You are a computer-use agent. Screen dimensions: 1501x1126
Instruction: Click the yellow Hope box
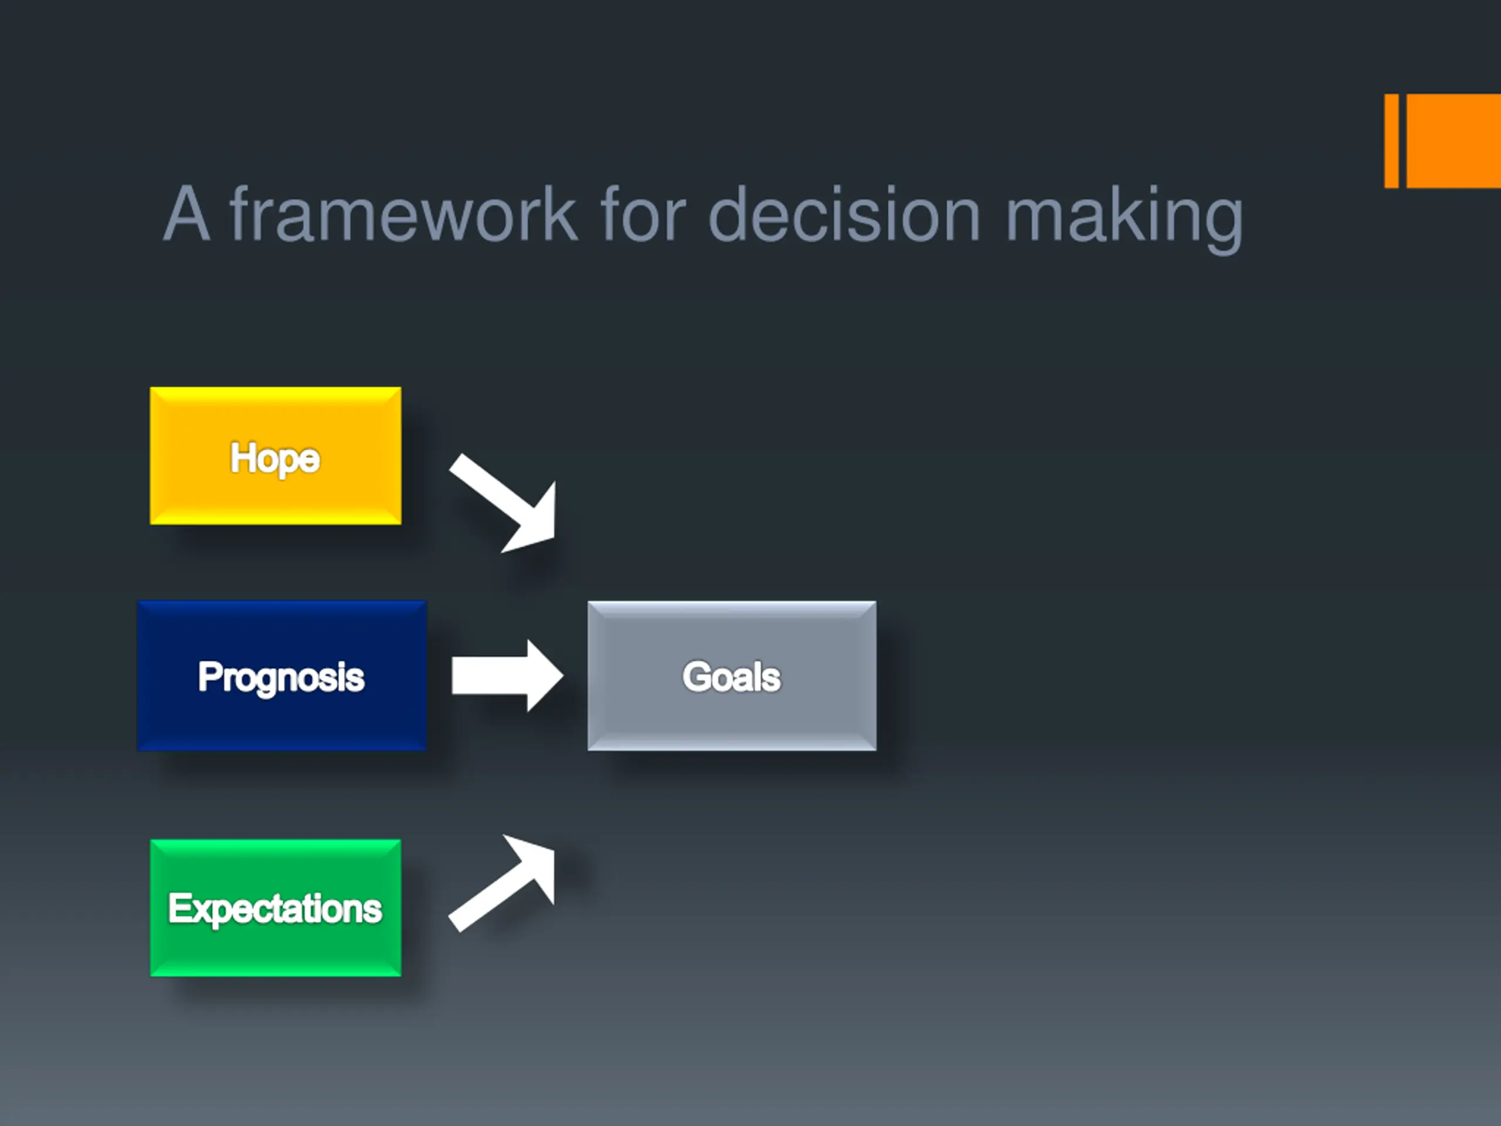tap(276, 456)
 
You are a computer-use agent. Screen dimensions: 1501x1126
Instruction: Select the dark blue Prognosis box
tap(281, 676)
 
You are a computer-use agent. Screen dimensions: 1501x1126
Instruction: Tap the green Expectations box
tap(276, 908)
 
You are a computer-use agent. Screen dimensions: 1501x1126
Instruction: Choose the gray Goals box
tap(732, 676)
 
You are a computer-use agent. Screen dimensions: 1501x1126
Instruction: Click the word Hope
tap(275, 458)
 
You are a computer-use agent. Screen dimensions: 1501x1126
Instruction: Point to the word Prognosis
tap(281, 677)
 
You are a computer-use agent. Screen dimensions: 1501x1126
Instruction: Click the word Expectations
tap(276, 909)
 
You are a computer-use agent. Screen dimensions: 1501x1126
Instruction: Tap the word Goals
tap(732, 677)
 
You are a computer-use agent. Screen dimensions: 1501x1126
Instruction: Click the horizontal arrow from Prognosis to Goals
tap(508, 676)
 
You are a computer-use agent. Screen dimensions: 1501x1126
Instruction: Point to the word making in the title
tap(1125, 219)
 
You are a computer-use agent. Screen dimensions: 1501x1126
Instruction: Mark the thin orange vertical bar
tap(1391, 141)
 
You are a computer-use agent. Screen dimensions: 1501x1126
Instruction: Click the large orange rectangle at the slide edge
tap(1454, 141)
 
